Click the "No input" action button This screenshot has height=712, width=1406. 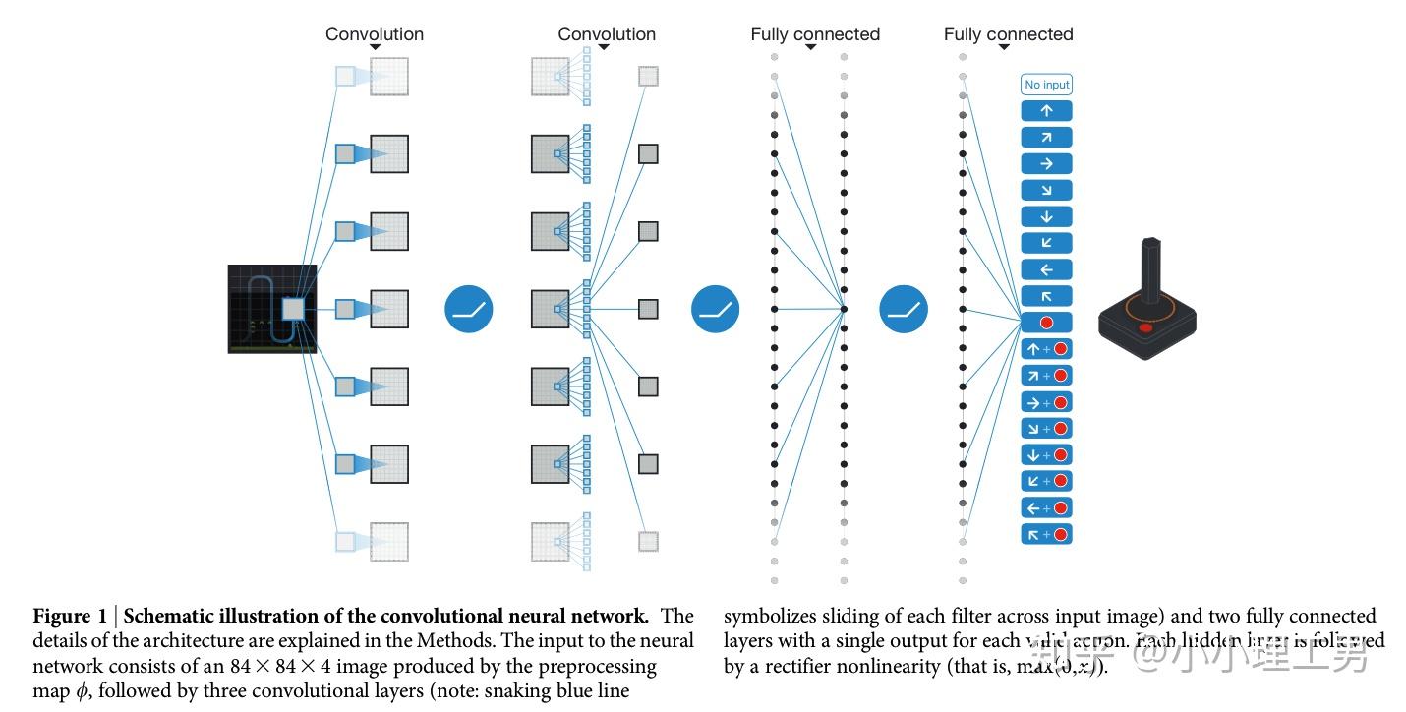click(1046, 85)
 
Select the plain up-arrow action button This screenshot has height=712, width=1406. click(1046, 111)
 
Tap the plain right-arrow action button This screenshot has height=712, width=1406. click(1046, 164)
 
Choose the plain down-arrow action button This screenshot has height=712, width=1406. click(1046, 217)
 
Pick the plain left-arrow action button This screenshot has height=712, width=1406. click(1046, 269)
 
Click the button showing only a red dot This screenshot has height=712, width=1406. click(1046, 323)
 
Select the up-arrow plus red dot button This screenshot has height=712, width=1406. click(1046, 349)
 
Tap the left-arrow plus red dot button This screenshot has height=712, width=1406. click(1046, 507)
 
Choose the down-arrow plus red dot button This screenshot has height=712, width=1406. click(1046, 454)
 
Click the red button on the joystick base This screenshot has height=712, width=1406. click(1145, 328)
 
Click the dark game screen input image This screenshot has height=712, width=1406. click(271, 309)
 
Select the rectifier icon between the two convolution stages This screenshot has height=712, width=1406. click(468, 309)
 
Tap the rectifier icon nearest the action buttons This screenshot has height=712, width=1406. click(903, 309)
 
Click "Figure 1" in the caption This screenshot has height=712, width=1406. click(70, 617)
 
